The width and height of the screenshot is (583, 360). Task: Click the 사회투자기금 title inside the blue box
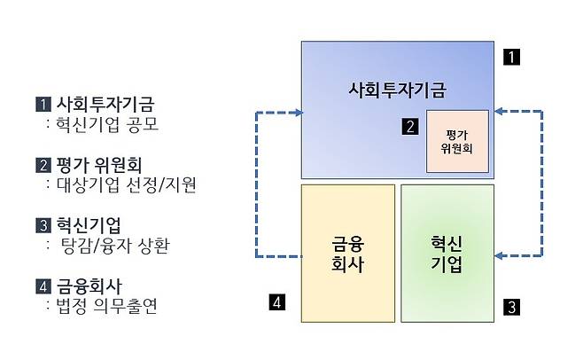(x=396, y=90)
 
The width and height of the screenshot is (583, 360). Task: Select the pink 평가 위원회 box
(x=457, y=140)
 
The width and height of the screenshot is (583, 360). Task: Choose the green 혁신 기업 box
(x=447, y=254)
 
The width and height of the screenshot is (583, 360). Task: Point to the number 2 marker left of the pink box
(x=409, y=126)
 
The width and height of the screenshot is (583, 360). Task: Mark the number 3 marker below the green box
(x=511, y=308)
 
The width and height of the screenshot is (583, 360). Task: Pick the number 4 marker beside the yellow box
(x=277, y=303)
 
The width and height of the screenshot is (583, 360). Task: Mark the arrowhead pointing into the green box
(x=498, y=257)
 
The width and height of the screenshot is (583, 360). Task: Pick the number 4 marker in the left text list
(x=43, y=286)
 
